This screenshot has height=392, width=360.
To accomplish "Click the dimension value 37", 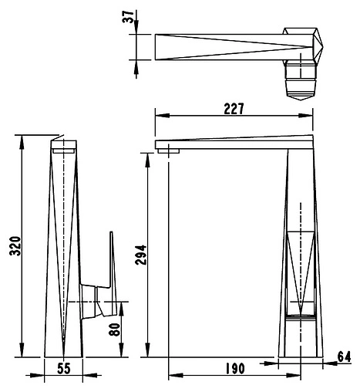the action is [128, 17].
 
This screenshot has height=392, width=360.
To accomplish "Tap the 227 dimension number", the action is [234, 109].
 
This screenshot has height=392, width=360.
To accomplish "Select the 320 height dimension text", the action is [15, 246].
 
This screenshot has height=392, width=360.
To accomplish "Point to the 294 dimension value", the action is [141, 255].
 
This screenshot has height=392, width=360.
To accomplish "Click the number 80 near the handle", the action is [115, 329].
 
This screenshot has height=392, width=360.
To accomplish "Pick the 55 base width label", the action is [63, 369].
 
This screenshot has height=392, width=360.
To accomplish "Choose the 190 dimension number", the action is [235, 369].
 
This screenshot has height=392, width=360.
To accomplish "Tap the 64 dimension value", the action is [344, 357].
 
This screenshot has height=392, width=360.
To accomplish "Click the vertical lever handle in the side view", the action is [112, 260].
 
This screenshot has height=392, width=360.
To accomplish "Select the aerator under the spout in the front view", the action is [169, 151].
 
